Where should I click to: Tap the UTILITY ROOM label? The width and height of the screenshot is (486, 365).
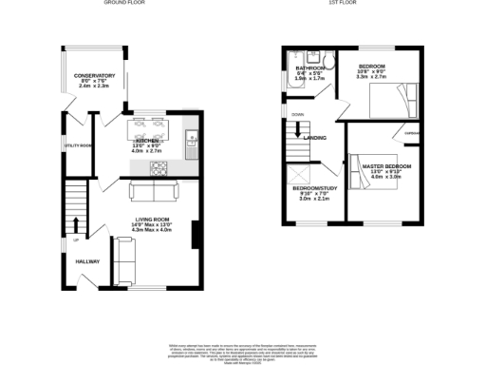78,145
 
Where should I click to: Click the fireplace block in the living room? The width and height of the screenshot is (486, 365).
195,234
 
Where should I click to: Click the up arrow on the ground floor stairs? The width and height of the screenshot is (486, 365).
76,224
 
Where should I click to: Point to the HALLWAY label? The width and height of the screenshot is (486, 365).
87,261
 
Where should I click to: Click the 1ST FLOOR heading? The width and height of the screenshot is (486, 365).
341,4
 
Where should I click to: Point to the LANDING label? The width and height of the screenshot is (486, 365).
315,138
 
